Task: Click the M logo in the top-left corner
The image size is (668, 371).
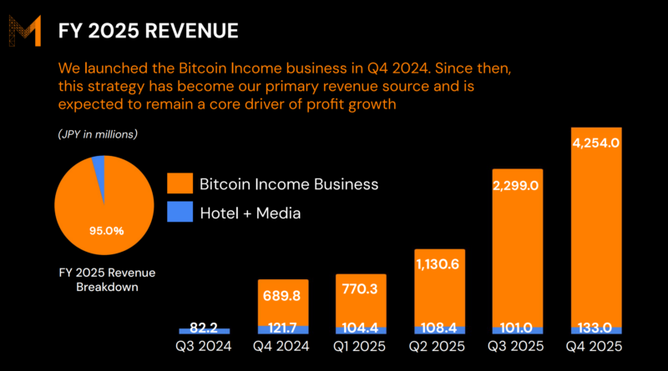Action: point(25,31)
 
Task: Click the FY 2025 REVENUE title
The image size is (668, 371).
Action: point(148,31)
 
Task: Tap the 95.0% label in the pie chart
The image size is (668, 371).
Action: point(107,229)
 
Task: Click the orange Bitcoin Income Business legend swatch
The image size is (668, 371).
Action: point(180,183)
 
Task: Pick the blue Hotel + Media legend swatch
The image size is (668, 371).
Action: point(180,213)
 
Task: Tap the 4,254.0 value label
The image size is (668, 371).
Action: point(595,143)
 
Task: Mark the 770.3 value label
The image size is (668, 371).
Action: point(361,289)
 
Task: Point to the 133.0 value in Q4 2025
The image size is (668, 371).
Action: point(595,328)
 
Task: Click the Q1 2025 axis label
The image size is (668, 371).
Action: point(361,346)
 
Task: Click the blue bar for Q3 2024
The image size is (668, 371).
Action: point(204,331)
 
